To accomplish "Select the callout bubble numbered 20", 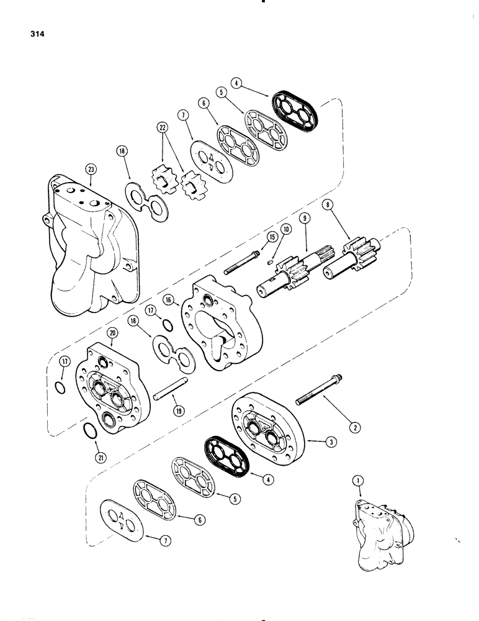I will (112, 334).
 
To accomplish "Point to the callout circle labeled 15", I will (271, 237).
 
